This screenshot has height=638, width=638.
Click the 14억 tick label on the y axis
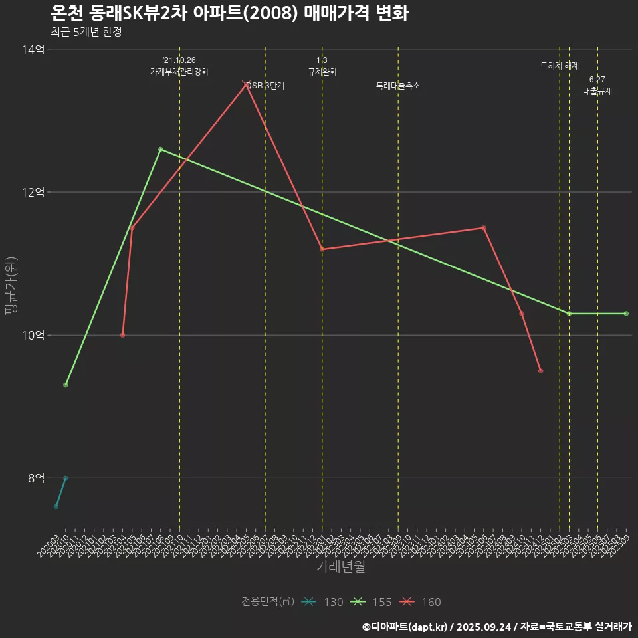(33, 49)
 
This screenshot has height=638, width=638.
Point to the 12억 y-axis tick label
(33, 192)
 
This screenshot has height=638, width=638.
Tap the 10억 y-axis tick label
(33, 335)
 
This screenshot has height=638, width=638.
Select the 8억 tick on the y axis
(36, 478)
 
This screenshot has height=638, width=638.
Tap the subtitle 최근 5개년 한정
(86, 31)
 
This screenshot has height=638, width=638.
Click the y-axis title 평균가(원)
(11, 286)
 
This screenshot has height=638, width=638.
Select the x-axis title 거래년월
(340, 567)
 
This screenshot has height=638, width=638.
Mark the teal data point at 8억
(65, 478)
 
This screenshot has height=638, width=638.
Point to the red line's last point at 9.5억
(541, 371)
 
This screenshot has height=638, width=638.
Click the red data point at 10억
(122, 335)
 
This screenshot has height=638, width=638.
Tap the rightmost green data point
(626, 314)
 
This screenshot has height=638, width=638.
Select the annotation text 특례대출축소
(398, 86)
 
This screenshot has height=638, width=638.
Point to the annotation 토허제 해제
(560, 66)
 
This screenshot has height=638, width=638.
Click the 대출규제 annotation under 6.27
(597, 91)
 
